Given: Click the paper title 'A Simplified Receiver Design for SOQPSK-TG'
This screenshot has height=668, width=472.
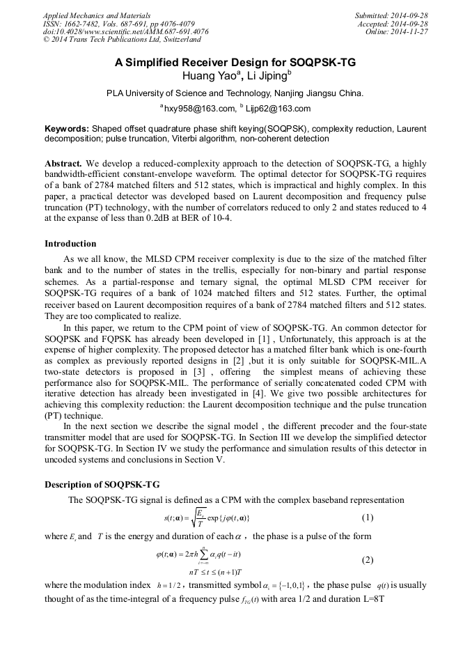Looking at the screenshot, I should tap(235, 63).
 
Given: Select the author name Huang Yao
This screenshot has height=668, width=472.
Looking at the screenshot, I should tap(208, 76).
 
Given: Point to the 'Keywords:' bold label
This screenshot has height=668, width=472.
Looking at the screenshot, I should tap(67, 129).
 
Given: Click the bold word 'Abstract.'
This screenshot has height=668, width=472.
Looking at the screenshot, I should tap(63, 162).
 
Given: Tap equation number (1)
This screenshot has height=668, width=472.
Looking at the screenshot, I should tap(368, 518).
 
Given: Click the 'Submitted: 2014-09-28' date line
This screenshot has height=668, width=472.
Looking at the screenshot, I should tap(391, 15).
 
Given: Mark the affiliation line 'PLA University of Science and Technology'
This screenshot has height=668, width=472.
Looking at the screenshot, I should tap(235, 93).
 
